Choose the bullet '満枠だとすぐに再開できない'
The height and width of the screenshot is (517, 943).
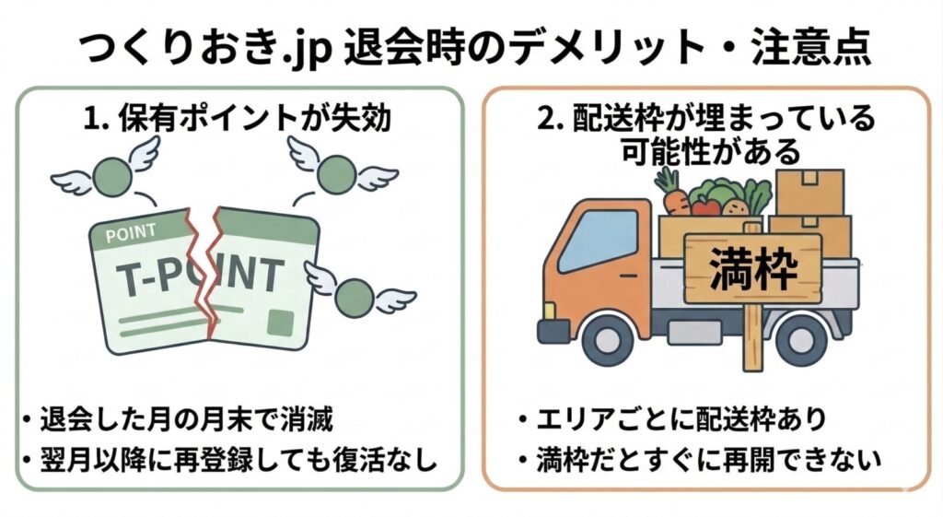700,460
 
